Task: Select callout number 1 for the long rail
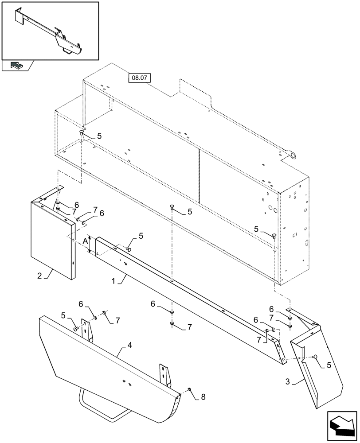(114, 280)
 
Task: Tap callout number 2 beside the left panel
(39, 276)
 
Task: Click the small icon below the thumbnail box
(17, 66)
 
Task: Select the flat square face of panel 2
(50, 239)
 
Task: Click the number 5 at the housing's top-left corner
(99, 136)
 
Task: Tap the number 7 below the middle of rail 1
(189, 327)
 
